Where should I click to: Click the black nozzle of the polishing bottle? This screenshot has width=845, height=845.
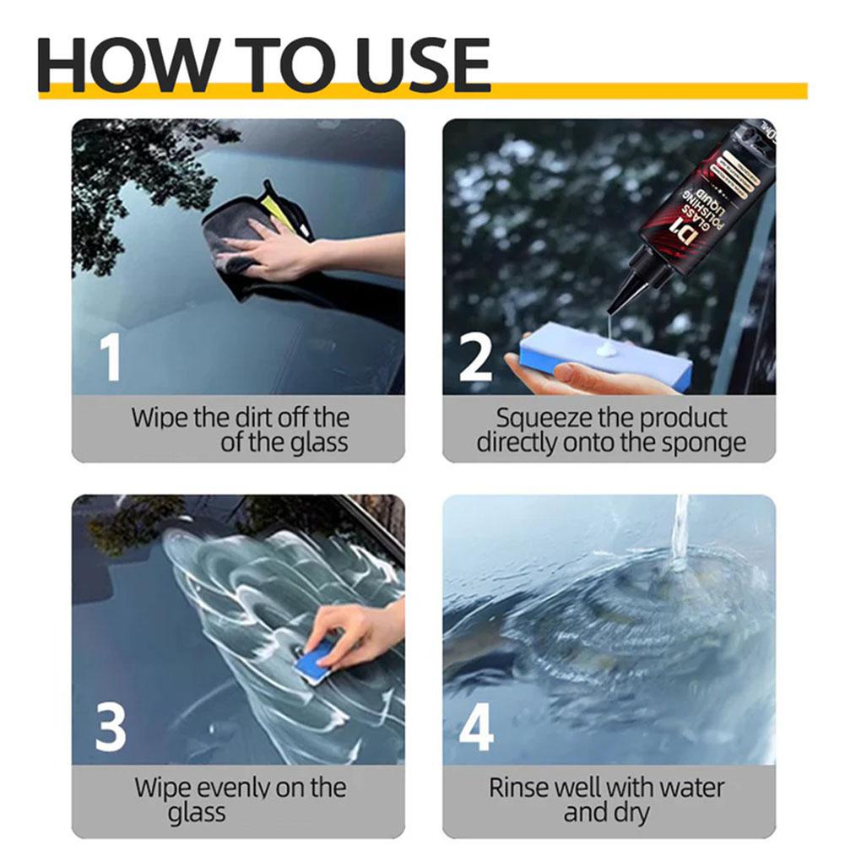pyautogui.click(x=626, y=287)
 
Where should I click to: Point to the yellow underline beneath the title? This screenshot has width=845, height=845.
pyautogui.click(x=642, y=90)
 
